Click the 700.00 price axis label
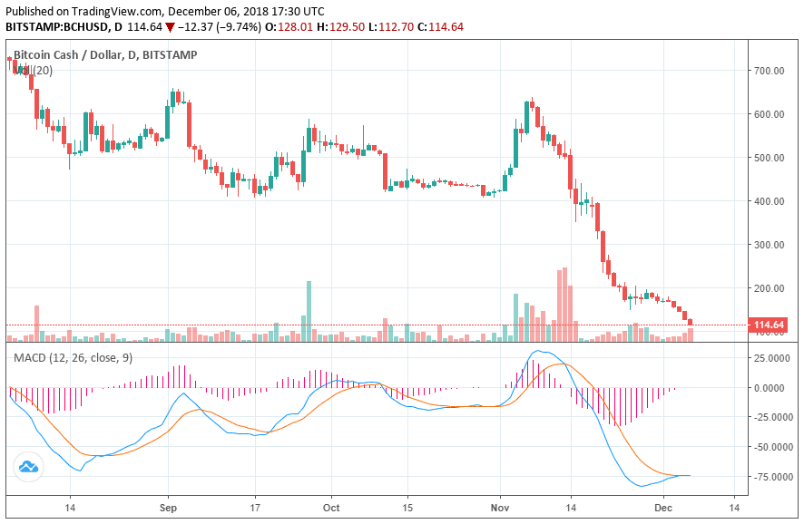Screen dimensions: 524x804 (x=768, y=71)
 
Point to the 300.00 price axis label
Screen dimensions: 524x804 (x=768, y=245)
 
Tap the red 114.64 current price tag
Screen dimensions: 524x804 (x=768, y=325)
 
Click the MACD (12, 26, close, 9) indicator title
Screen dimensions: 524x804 (x=73, y=358)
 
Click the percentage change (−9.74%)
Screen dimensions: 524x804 (x=235, y=27)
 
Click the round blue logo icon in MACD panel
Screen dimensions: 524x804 (x=27, y=466)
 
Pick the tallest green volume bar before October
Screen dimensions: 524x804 (x=309, y=310)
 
